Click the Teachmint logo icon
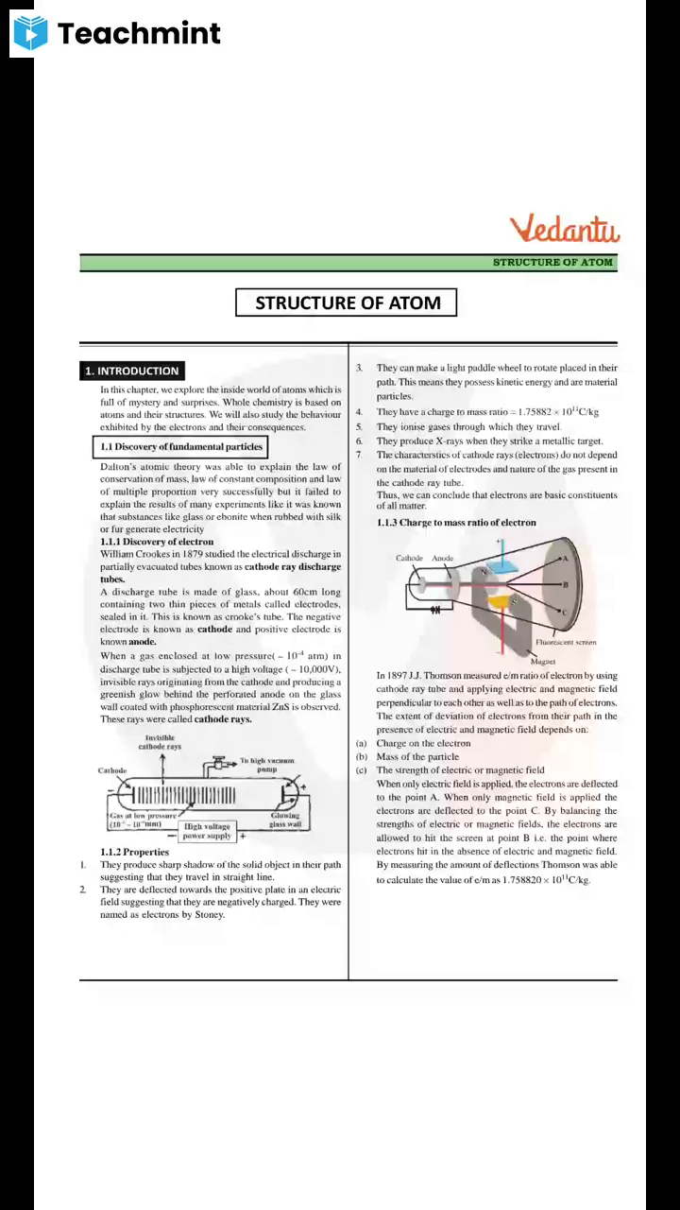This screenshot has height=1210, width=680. (30, 33)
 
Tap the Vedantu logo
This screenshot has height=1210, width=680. (565, 230)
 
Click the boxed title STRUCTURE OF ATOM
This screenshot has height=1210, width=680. (347, 303)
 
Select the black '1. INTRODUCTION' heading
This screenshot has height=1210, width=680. (131, 372)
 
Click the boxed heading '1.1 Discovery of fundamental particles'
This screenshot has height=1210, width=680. (181, 446)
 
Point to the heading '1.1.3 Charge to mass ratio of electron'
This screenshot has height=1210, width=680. (455, 523)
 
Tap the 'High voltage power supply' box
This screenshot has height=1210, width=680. (207, 831)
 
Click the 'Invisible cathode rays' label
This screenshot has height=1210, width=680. (160, 742)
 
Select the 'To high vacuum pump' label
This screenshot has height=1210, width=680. (267, 765)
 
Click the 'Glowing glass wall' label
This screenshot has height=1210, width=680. (285, 820)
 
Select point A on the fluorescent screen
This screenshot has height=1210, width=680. (565, 559)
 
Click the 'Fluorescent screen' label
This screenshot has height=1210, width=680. (565, 643)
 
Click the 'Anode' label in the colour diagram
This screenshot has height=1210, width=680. (443, 559)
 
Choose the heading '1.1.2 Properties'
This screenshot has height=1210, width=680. (134, 852)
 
